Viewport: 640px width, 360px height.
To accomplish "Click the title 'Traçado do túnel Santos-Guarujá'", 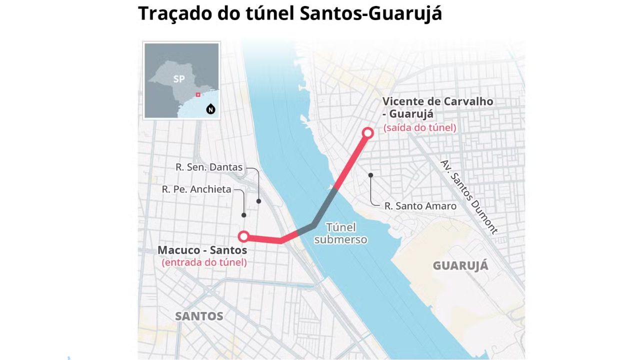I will click(290, 13).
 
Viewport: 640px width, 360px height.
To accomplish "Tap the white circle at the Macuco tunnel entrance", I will click(243, 236).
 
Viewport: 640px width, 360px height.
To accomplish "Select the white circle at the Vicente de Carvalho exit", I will click(368, 132).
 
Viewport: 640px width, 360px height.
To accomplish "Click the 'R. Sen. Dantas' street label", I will click(209, 167).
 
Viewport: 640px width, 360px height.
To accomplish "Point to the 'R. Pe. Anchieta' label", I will click(196, 189).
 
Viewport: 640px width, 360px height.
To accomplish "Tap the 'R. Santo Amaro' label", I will click(420, 205).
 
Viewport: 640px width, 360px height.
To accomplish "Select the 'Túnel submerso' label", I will click(347, 233).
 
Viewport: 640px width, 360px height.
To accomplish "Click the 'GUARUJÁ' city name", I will click(460, 265).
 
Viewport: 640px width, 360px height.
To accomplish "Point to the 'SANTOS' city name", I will click(199, 316).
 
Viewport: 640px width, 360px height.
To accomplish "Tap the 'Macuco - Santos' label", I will click(202, 249).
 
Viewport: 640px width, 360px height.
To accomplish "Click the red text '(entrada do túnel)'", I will click(204, 262).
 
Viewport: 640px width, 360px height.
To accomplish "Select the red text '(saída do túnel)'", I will click(420, 127).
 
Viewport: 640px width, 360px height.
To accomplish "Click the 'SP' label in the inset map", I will click(179, 79).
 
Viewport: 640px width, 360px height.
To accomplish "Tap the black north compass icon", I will click(211, 109).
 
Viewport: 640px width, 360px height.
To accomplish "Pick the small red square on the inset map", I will click(198, 94).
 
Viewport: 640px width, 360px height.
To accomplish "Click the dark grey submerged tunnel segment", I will click(318, 212).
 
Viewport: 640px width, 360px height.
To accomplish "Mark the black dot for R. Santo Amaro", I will click(371, 175).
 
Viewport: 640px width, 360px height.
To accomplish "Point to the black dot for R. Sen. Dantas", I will click(258, 201).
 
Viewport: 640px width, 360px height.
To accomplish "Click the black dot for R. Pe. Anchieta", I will click(244, 215).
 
